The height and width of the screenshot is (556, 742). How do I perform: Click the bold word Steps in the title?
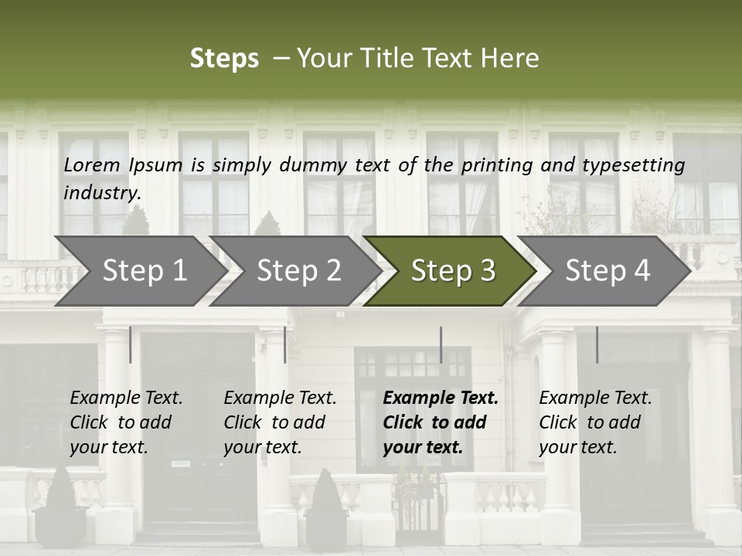224,59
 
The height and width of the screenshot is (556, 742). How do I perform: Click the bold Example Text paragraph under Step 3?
441,422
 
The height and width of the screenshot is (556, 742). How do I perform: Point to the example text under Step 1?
126,422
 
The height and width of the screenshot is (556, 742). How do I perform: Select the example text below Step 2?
280,422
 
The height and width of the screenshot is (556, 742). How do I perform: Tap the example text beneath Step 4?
595,422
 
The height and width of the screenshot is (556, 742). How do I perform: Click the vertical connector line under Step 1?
131,344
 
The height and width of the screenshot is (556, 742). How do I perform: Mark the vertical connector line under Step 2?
285,344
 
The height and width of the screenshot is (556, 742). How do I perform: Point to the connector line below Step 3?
441,344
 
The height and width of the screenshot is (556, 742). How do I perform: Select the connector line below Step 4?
597,344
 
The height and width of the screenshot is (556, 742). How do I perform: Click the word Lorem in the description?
92,164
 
